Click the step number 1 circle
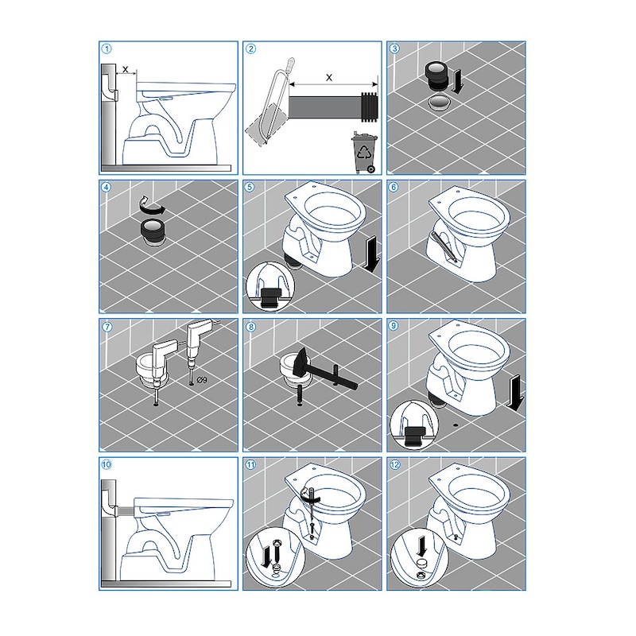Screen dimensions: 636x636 (107, 49)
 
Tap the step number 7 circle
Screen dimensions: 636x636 (107, 327)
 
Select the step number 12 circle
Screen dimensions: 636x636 (394, 465)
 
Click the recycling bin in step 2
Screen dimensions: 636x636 (364, 153)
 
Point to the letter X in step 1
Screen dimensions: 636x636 (125, 69)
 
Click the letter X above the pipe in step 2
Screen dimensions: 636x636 (329, 77)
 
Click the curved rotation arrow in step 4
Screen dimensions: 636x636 (152, 207)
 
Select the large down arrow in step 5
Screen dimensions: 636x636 (371, 254)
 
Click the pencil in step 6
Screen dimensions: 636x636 (444, 246)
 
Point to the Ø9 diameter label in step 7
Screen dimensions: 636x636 (202, 380)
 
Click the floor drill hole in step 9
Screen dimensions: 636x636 (456, 425)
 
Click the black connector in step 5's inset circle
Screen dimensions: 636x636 (270, 297)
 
